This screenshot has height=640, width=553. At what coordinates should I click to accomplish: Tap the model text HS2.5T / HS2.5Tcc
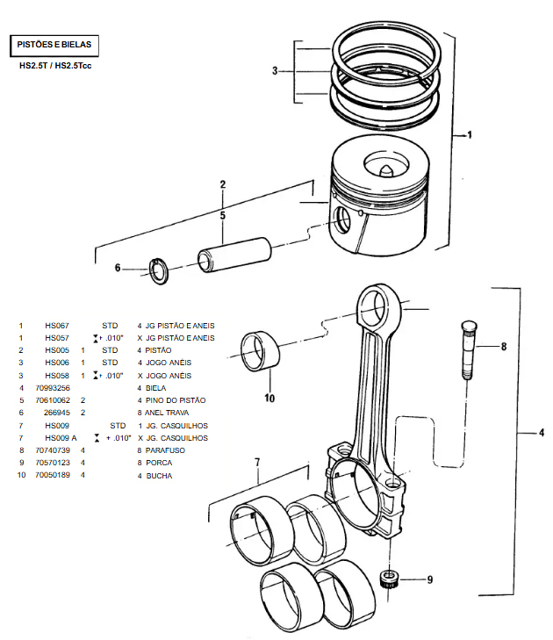(55, 66)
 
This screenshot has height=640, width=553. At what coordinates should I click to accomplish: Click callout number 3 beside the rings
(275, 70)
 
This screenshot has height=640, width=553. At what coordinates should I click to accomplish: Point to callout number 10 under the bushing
(269, 398)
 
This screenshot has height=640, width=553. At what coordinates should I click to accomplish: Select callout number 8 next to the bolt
(504, 346)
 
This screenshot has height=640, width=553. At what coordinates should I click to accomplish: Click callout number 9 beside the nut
(429, 579)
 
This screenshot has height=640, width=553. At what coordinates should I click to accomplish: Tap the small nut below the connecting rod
(388, 579)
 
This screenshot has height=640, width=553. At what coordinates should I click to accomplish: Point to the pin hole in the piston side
(344, 219)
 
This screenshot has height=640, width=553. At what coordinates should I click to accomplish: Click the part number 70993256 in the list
(54, 387)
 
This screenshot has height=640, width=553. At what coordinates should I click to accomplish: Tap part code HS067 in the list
(57, 325)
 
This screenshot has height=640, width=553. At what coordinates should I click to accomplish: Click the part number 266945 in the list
(58, 412)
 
